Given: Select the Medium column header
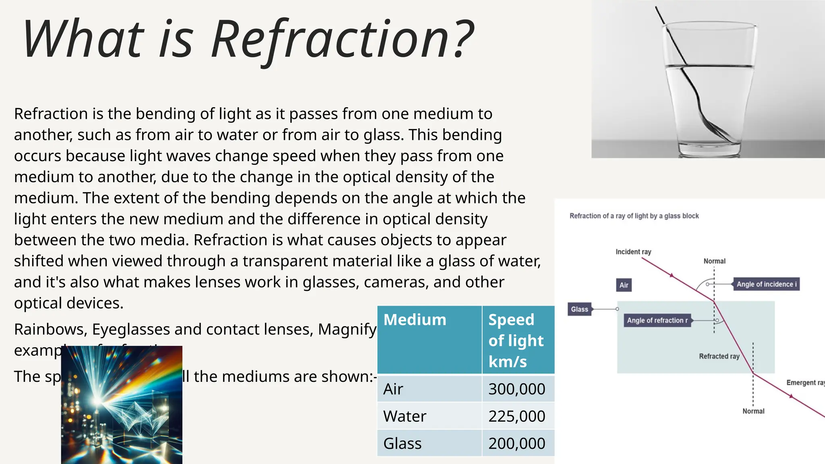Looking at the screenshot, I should point(415,320).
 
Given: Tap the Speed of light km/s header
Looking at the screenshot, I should point(516,340).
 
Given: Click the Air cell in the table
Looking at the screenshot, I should point(393,389).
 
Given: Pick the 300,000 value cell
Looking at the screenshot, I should point(517,389).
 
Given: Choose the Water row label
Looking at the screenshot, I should point(404,416).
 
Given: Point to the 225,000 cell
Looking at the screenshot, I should point(517,416).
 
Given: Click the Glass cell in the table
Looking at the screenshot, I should point(402,443).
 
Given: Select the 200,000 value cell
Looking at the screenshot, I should point(517,443).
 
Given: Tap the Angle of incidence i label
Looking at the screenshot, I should point(766,284).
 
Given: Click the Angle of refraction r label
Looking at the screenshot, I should point(657,321).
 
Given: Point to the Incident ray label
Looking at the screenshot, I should point(633,252).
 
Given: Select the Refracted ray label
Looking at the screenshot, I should point(719,356).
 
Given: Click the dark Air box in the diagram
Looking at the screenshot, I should point(624,285).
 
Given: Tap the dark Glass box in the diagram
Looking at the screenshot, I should point(579,309).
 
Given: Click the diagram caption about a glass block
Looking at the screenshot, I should point(634,216).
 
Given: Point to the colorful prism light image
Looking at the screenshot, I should point(122,405).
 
